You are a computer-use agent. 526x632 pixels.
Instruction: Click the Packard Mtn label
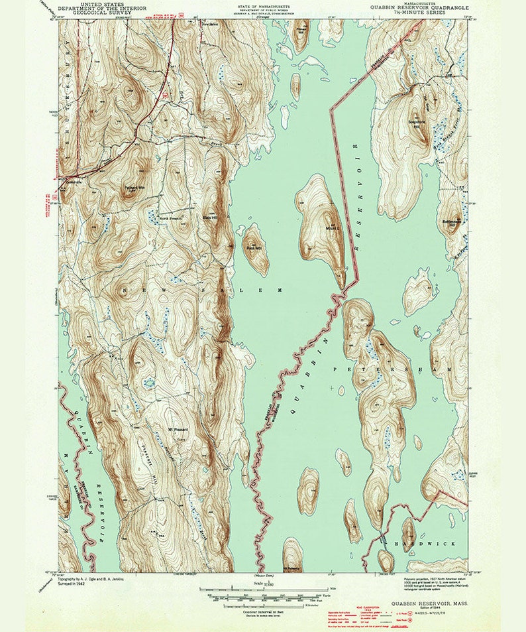coord(134,187)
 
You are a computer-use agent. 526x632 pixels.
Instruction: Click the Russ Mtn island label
coord(254,248)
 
